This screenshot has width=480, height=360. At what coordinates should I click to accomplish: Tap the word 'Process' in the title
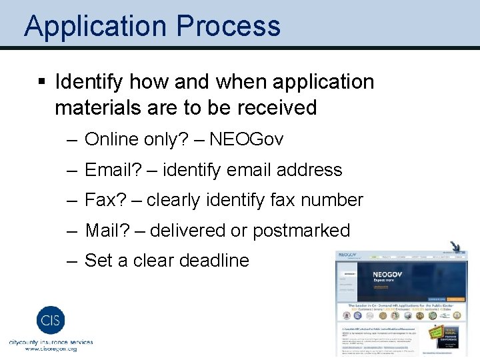229,27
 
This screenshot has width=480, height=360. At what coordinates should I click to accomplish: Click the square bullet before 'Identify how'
41,83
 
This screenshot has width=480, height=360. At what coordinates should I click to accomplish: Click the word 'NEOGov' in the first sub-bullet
246,139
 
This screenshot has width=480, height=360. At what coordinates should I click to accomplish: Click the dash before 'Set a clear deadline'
71,261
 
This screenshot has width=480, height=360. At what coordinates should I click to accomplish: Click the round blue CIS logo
51,319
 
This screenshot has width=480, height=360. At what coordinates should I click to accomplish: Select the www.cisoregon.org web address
51,349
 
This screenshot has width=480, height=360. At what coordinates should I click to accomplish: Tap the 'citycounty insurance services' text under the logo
51,341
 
